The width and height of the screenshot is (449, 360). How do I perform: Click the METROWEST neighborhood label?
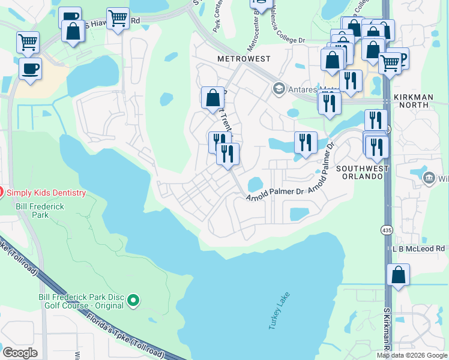coord(244,59)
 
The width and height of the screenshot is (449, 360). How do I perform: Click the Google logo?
coord(20,352)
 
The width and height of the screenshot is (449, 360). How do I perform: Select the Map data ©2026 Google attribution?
coord(412,355)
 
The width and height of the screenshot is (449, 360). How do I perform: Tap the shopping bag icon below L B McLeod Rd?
coord(398,275)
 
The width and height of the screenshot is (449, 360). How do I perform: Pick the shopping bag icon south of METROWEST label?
coord(213,98)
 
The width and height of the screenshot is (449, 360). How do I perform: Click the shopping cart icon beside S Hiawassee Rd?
coord(118,19)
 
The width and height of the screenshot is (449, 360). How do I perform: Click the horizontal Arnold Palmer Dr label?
coord(275,194)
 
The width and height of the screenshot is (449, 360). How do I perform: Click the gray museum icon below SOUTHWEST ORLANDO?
coord(429,178)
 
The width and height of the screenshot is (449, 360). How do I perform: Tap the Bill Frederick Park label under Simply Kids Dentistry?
coord(31,211)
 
